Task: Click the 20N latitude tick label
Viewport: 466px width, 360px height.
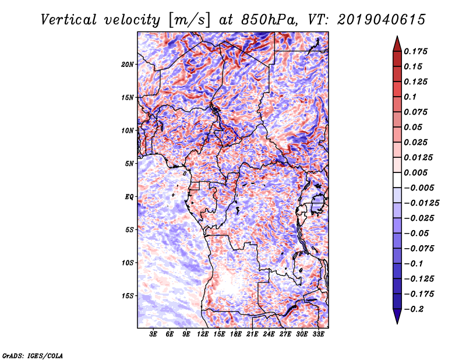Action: click(128, 64)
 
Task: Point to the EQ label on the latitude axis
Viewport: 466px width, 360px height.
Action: click(129, 196)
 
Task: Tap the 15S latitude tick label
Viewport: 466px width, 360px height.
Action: click(128, 295)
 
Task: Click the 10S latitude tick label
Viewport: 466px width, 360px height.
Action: click(128, 263)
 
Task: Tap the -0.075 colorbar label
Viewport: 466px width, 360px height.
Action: click(421, 248)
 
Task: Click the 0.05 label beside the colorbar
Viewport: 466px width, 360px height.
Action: click(414, 127)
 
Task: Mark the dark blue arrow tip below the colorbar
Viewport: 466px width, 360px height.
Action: click(396, 319)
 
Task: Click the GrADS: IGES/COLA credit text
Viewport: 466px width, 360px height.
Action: click(33, 355)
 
